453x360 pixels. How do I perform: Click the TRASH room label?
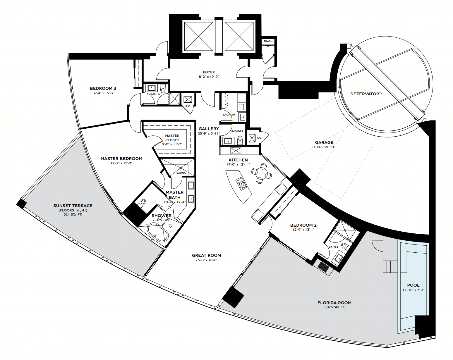tap(268, 41)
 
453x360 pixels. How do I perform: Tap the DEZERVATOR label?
tap(366, 94)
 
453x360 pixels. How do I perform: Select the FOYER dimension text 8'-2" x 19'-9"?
tap(209, 77)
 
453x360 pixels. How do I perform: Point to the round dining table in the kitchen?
tap(261, 174)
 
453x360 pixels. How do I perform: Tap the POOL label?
tap(413, 285)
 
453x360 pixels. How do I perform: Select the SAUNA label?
tap(181, 173)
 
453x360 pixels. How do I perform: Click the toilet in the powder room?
tap(240, 140)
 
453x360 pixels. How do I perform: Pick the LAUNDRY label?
tap(229, 115)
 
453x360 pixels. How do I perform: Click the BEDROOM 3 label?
tap(103, 88)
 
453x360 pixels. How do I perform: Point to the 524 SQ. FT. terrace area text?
tap(73, 215)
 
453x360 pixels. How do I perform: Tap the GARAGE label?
tap(324, 142)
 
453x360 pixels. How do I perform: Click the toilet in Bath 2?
tap(344, 246)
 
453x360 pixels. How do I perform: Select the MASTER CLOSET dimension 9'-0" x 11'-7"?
tap(172, 144)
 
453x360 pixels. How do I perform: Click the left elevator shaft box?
tap(198, 36)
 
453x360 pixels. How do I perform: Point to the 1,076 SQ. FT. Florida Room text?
tap(334, 307)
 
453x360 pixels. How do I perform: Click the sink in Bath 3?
tap(152, 87)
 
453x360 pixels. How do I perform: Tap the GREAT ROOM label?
tap(206, 255)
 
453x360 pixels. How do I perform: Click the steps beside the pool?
tap(390, 267)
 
